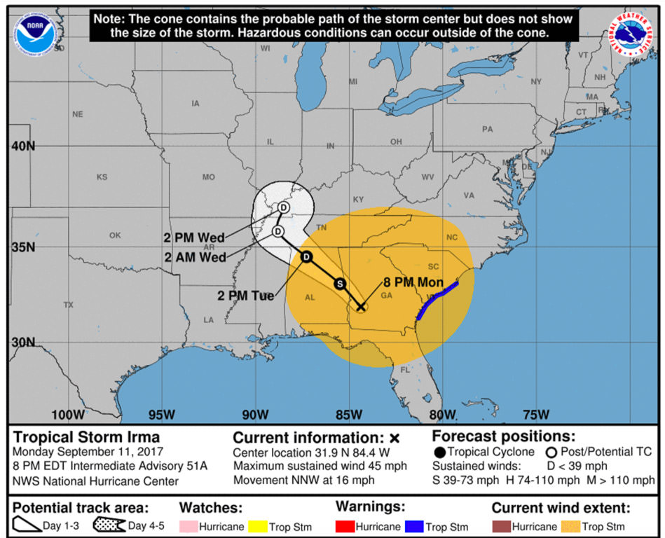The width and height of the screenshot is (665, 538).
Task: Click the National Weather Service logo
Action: pos(633,34)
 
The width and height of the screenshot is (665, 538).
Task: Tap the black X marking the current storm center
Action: pos(361,307)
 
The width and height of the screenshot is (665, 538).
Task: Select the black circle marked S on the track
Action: pos(340,284)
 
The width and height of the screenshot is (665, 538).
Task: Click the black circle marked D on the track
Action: pos(306,257)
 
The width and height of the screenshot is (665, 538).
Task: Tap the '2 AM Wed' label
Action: pos(196,257)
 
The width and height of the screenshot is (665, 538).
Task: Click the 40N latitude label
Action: pos(22,146)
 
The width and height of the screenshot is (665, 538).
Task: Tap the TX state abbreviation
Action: pos(68,305)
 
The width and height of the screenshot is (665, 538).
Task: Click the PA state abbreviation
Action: pos(487,129)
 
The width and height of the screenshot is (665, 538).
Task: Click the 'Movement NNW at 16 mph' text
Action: pos(303,481)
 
